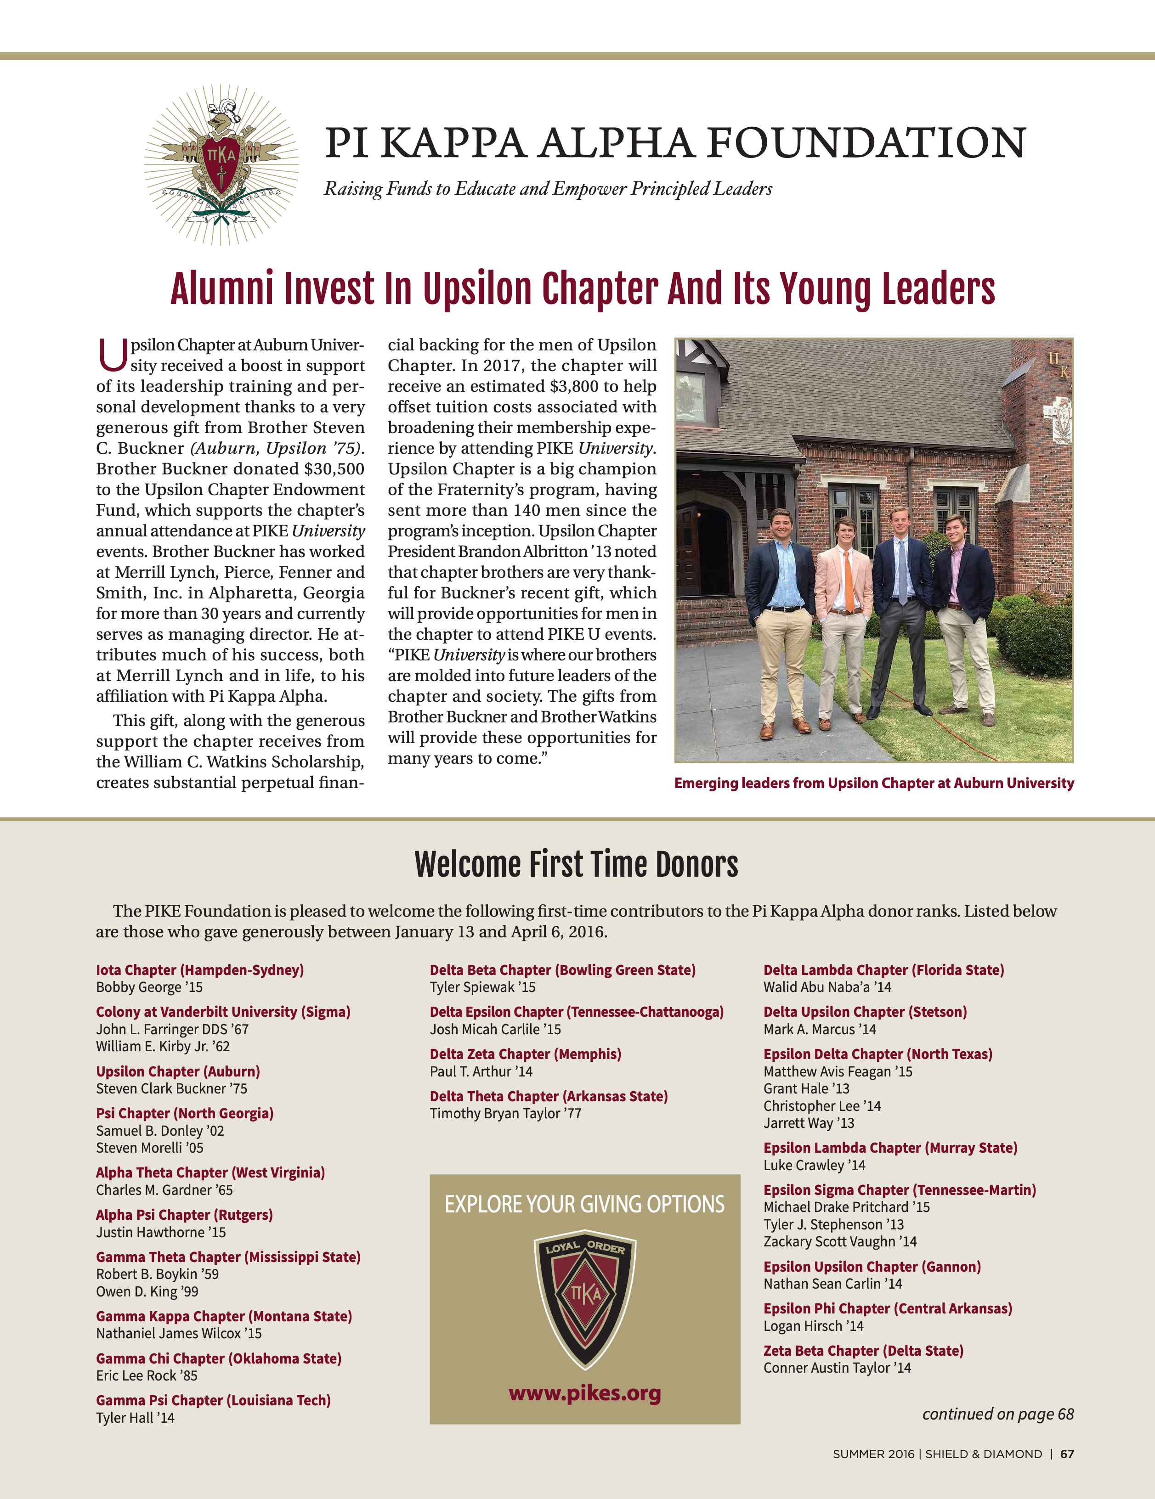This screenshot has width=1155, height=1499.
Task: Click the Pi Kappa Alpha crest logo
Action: tap(221, 165)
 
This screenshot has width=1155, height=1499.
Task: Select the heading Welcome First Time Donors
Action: tap(576, 865)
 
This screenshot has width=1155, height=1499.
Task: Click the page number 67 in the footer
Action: tap(1066, 1454)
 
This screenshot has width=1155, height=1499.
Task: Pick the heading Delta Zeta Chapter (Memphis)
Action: tap(525, 1054)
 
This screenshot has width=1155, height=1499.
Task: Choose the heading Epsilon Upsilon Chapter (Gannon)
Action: tap(872, 1266)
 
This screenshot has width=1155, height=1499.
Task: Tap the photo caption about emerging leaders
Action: tap(873, 783)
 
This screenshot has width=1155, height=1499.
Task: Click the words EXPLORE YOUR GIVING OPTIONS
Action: tap(584, 1205)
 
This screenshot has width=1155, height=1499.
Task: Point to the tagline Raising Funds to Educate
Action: tap(547, 189)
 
